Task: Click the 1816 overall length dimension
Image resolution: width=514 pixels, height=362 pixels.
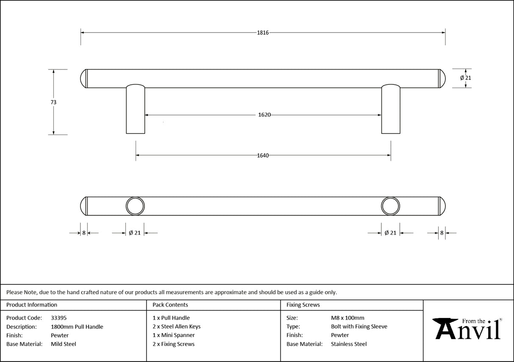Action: (263, 33)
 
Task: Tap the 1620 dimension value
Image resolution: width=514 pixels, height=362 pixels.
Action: (264, 115)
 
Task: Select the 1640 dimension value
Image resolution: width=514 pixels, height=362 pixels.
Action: (263, 155)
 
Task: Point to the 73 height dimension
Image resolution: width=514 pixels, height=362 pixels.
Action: (53, 102)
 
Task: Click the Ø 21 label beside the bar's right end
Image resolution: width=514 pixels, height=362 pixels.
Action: (466, 78)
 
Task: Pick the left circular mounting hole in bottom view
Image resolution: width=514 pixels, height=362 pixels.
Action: (135, 206)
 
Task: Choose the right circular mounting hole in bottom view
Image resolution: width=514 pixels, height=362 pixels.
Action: (390, 206)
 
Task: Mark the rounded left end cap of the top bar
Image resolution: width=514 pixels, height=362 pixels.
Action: (83, 78)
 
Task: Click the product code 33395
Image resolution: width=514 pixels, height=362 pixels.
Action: (58, 318)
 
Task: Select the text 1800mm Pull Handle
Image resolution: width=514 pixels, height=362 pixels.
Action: (77, 327)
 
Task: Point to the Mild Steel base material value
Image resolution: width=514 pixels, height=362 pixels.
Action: (64, 344)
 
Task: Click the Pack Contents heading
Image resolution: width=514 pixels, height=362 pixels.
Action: (170, 305)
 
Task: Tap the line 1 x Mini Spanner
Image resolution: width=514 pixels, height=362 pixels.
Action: (174, 335)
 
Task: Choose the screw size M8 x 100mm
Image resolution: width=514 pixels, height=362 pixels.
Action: (347, 318)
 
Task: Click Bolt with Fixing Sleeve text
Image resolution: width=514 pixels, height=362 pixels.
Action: (359, 327)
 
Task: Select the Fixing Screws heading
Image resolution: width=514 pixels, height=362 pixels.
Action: (303, 305)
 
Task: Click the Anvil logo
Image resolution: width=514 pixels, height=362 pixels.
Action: (468, 329)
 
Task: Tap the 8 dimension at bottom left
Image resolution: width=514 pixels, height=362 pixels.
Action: (84, 233)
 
